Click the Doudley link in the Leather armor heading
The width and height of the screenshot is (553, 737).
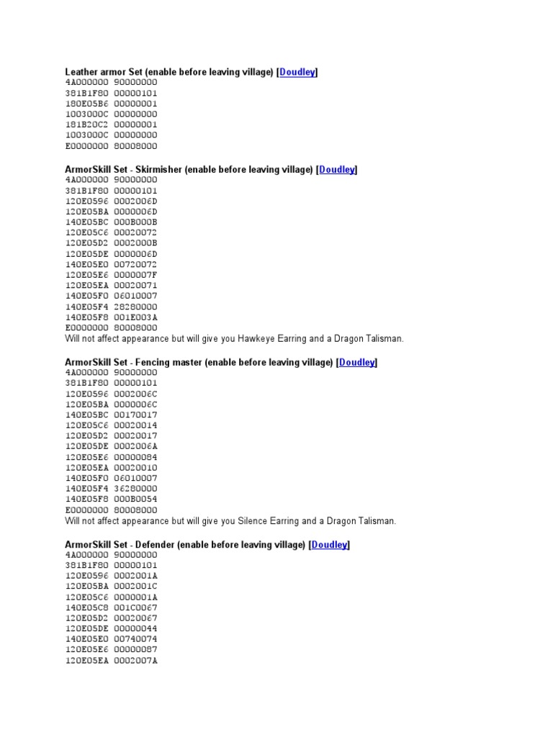point(297,72)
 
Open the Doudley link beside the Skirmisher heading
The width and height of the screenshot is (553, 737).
point(337,170)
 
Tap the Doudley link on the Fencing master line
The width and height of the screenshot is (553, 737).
point(357,363)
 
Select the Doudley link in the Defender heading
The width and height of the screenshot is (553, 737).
point(330,546)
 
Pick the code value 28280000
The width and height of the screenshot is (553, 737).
point(135,307)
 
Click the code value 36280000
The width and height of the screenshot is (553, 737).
point(135,489)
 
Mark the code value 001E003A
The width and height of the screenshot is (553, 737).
point(135,317)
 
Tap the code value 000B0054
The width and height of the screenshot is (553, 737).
point(135,499)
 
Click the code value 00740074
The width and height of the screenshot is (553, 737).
point(135,639)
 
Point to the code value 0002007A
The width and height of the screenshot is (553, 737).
point(135,660)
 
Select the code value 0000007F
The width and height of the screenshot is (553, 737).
point(135,275)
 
